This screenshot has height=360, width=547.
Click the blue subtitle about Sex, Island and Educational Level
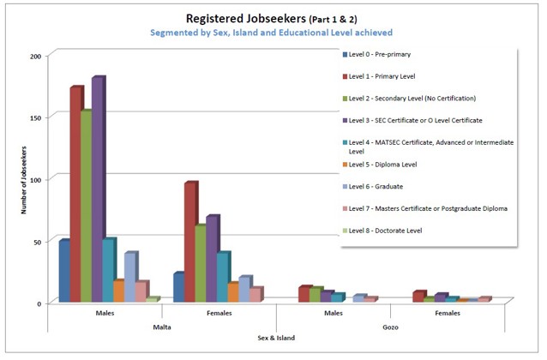click(271, 33)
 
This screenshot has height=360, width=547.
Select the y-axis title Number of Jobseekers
click(25, 180)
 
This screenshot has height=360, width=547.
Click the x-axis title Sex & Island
click(276, 338)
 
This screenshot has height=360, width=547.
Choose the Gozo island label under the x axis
click(390, 327)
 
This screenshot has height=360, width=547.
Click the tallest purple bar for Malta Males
click(97, 189)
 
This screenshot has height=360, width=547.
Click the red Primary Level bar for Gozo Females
click(417, 297)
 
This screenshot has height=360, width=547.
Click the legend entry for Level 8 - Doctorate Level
click(385, 231)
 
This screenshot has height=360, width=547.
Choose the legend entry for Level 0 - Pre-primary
click(378, 54)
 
